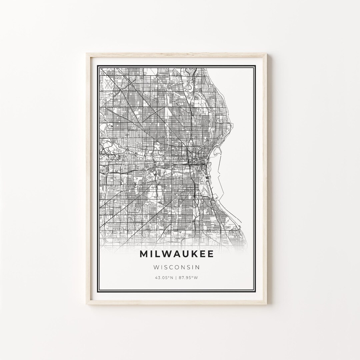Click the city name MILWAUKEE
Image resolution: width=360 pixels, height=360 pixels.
click(x=177, y=254)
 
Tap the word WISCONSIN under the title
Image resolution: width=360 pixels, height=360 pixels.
click(x=177, y=267)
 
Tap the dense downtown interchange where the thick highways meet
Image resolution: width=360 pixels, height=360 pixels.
click(x=189, y=163)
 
